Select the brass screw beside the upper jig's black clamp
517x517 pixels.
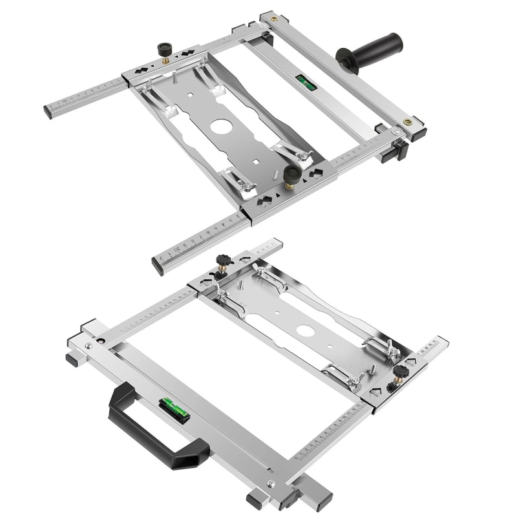tap(408, 121)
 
